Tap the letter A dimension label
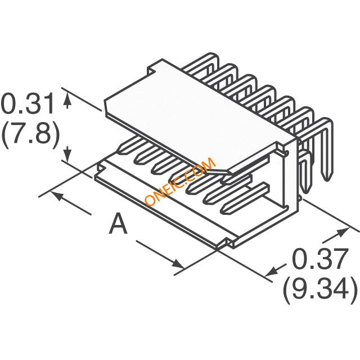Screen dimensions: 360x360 tap(118, 224)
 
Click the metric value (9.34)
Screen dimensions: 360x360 tap(320, 290)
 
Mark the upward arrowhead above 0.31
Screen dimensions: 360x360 tap(69, 99)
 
